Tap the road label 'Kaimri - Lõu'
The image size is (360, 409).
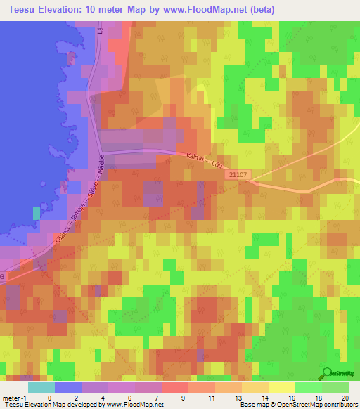205,161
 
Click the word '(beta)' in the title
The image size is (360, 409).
259,9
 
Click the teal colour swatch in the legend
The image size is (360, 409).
41,387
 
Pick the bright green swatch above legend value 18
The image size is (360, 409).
309,387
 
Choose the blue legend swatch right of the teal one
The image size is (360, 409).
68,387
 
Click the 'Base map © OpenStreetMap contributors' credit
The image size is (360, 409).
297,404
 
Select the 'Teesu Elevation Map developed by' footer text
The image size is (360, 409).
53,404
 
